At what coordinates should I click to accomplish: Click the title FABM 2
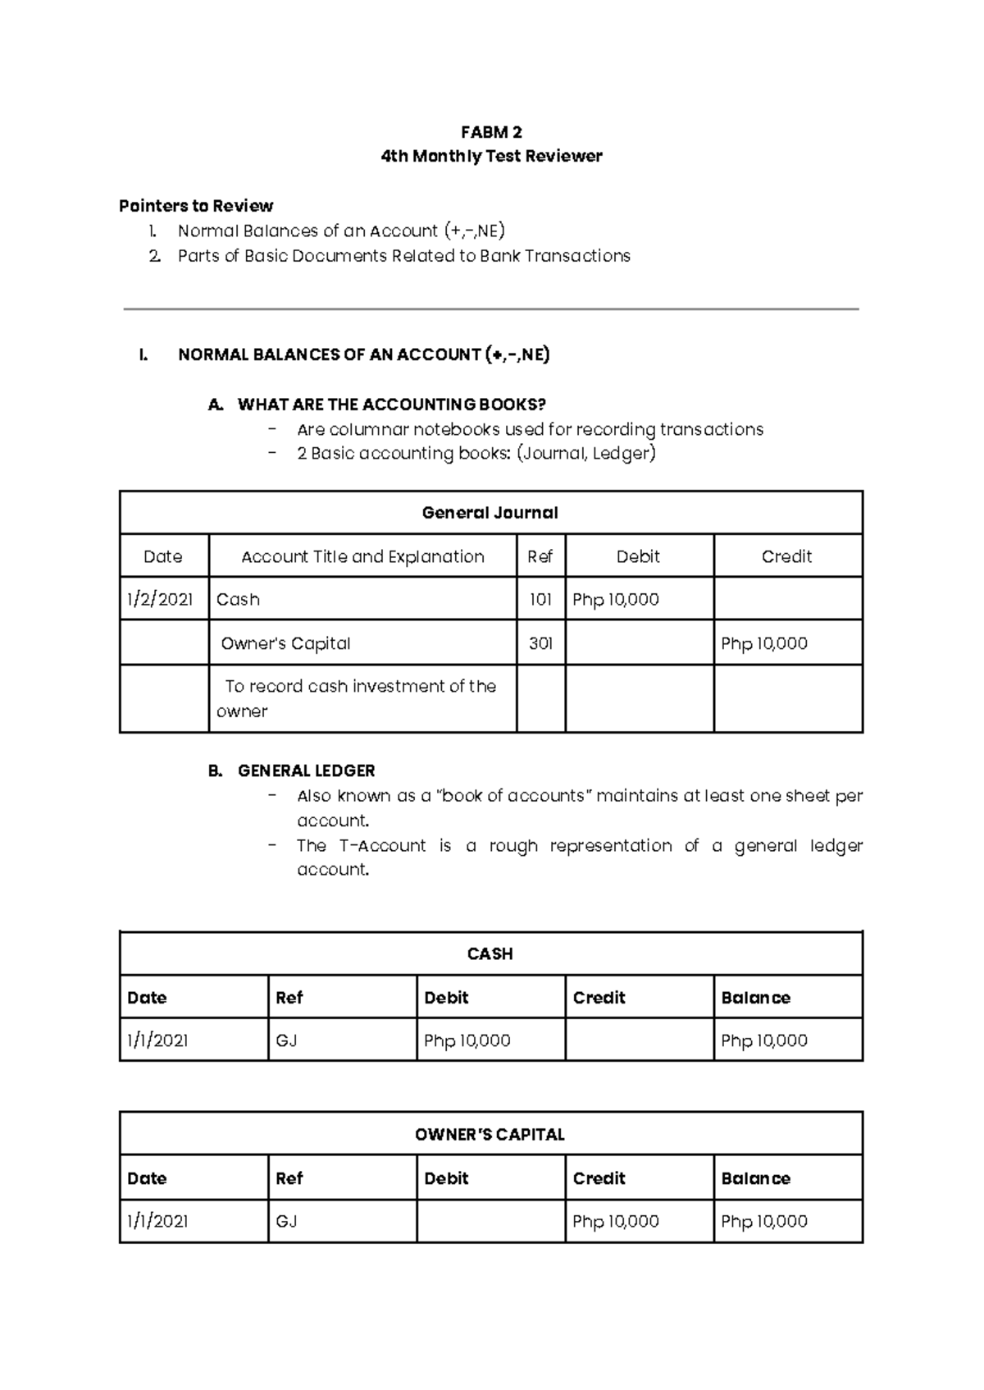click(491, 132)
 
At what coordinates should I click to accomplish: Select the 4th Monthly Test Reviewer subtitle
click(491, 156)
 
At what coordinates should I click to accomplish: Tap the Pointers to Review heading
click(196, 205)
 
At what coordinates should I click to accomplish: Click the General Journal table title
click(490, 513)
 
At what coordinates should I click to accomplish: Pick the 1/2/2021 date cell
click(160, 600)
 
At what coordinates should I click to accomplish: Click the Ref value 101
click(540, 600)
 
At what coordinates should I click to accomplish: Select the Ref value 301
click(540, 643)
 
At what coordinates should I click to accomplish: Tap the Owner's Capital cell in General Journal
click(286, 643)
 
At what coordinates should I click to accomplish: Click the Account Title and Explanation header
click(362, 556)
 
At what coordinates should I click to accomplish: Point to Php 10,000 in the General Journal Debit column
click(616, 600)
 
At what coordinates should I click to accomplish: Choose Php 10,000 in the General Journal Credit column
click(764, 643)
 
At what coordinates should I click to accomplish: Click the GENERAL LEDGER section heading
click(306, 770)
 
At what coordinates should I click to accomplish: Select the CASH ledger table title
click(490, 953)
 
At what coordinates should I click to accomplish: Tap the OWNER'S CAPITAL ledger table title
click(490, 1134)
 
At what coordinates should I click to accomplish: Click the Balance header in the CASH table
click(755, 998)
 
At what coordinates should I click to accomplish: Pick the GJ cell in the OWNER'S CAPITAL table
click(286, 1221)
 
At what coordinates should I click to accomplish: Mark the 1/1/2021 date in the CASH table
click(157, 1040)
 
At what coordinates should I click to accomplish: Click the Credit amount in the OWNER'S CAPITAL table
click(616, 1221)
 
